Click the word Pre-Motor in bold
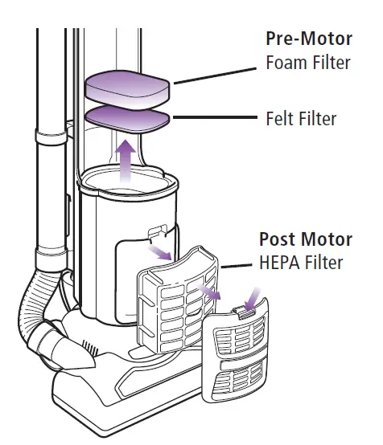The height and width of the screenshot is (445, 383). (x=307, y=39)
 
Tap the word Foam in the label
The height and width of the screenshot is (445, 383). (x=286, y=62)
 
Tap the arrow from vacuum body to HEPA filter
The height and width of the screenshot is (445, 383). (x=163, y=251)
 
